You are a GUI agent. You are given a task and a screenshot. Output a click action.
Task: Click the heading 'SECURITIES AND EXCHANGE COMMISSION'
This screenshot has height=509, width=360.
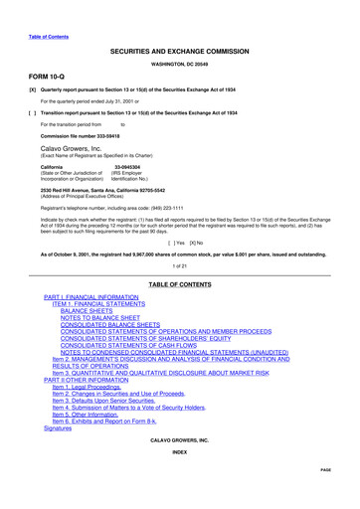click(x=179, y=49)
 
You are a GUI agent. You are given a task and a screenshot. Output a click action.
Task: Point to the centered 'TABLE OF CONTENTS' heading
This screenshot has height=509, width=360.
click(x=179, y=283)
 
